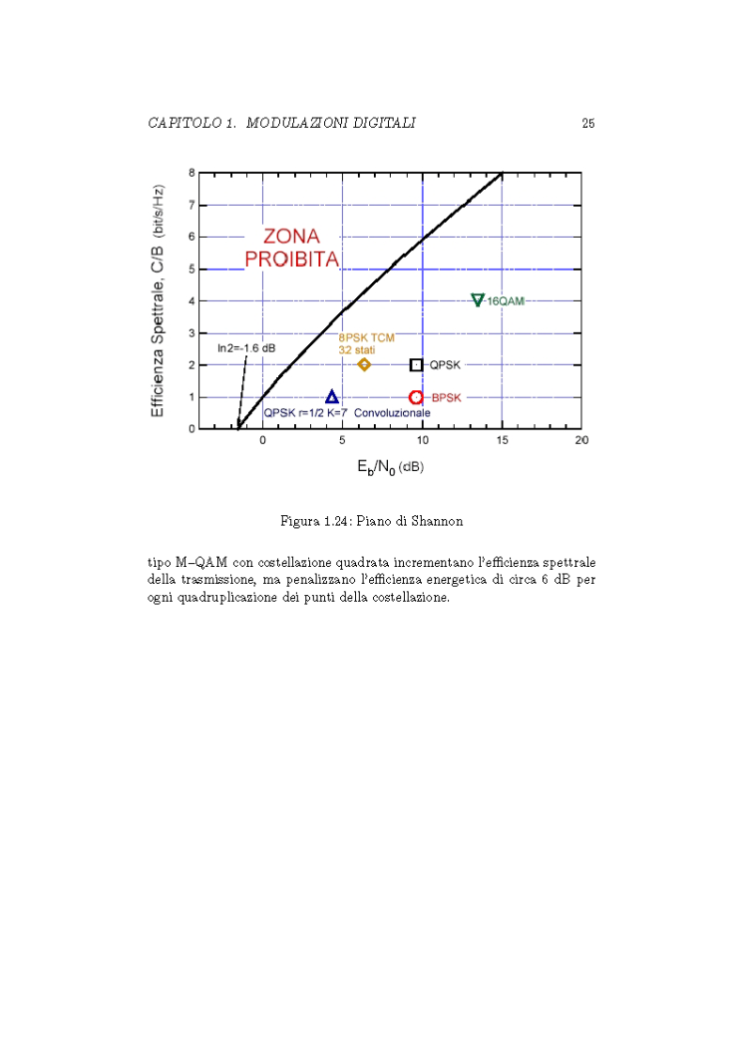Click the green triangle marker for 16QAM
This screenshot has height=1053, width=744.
pyautogui.click(x=478, y=299)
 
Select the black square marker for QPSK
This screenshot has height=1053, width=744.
pyautogui.click(x=417, y=365)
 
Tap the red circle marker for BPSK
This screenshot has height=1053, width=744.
pyautogui.click(x=417, y=397)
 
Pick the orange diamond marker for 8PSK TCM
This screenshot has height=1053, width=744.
pyautogui.click(x=364, y=364)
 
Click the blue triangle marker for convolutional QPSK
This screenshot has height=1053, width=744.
pyautogui.click(x=332, y=397)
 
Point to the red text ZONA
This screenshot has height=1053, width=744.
pyautogui.click(x=291, y=237)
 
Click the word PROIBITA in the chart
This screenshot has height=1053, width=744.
pyautogui.click(x=292, y=260)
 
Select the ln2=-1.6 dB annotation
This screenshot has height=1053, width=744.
pyautogui.click(x=246, y=348)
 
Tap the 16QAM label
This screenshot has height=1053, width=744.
pyautogui.click(x=506, y=300)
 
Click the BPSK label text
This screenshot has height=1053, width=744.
pyautogui.click(x=447, y=398)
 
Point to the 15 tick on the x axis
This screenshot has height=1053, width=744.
pyautogui.click(x=502, y=440)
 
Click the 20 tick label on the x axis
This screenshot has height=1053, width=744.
pyautogui.click(x=581, y=440)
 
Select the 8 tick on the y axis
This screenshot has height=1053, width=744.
pyautogui.click(x=191, y=174)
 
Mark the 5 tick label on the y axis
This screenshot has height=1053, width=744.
pyautogui.click(x=191, y=269)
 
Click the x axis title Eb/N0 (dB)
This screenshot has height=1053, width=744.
pyautogui.click(x=390, y=466)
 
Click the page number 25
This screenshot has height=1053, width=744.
pyautogui.click(x=588, y=123)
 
